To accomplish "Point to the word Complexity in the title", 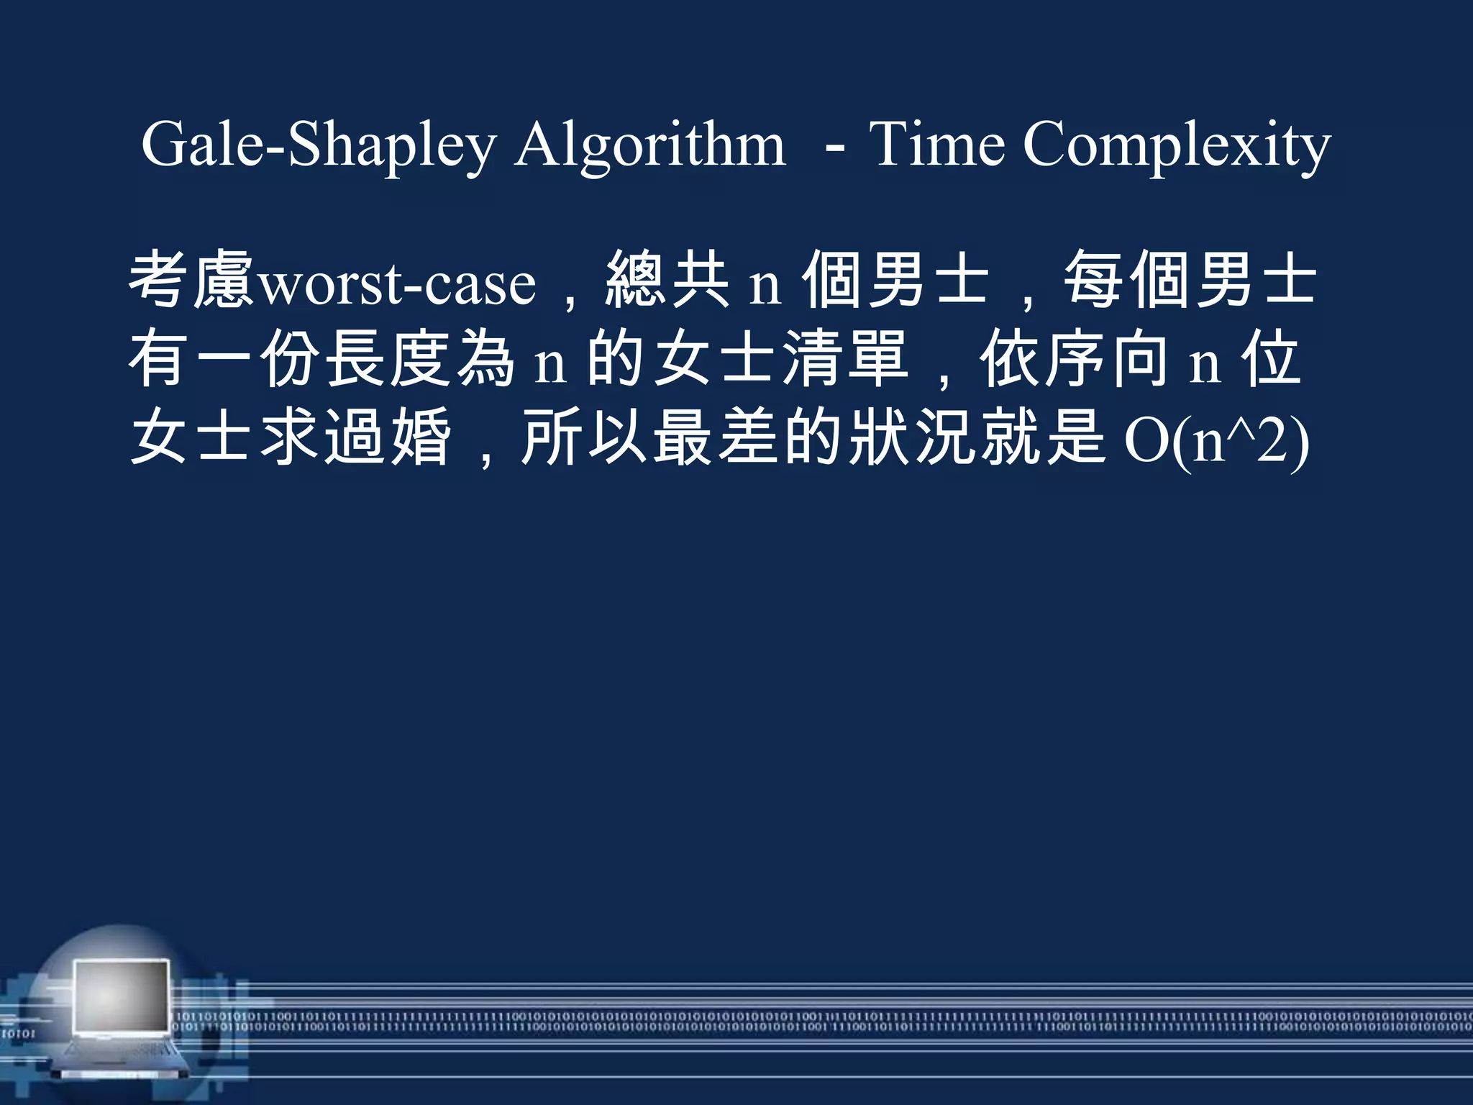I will pyautogui.click(x=1177, y=145).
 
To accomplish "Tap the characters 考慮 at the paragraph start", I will pyautogui.click(x=191, y=281).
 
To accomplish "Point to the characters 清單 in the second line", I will pyautogui.click(x=844, y=360).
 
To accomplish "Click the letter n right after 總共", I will pyautogui.click(x=765, y=284).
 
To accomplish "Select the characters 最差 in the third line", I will pyautogui.click(x=716, y=437).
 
